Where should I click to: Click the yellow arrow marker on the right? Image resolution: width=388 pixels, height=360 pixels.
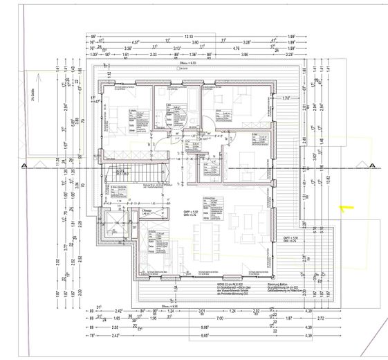344,206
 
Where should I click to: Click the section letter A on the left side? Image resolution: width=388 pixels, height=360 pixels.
24,166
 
